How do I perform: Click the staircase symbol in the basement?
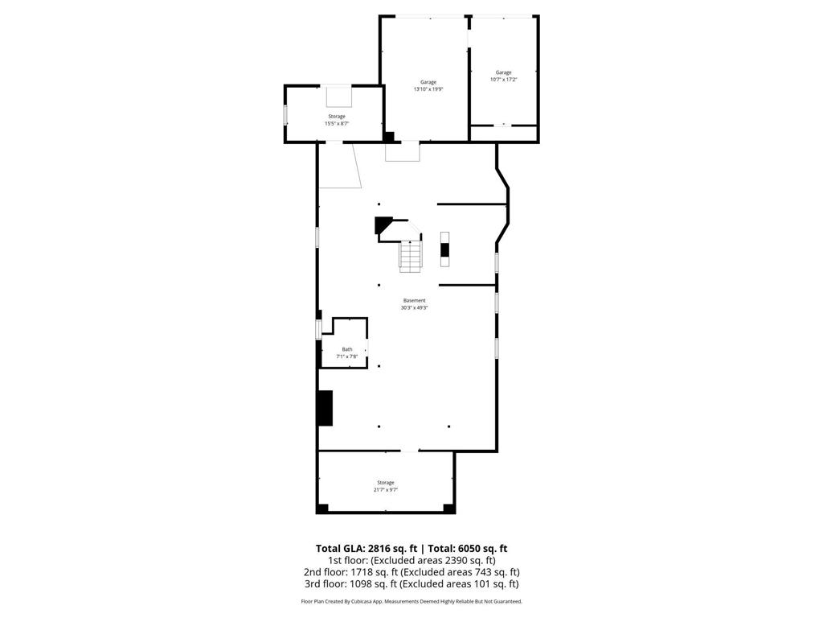[x=411, y=256]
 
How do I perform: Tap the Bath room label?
[x=347, y=349]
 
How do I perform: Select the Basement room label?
[x=415, y=301]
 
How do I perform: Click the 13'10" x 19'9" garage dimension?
[x=428, y=89]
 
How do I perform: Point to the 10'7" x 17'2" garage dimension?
[x=503, y=80]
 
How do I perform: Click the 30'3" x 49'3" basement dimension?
[x=415, y=308]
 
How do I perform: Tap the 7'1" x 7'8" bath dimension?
[x=347, y=356]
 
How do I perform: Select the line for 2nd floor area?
[x=411, y=572]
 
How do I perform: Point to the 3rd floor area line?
[x=411, y=584]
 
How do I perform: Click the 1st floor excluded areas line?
[x=411, y=560]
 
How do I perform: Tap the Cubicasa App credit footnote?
[x=411, y=602]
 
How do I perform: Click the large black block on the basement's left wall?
[x=325, y=408]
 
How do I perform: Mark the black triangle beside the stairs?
[x=383, y=225]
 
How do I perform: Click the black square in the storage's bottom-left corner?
[x=322, y=508]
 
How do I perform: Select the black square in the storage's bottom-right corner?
[x=448, y=508]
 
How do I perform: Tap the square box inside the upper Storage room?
[x=338, y=96]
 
